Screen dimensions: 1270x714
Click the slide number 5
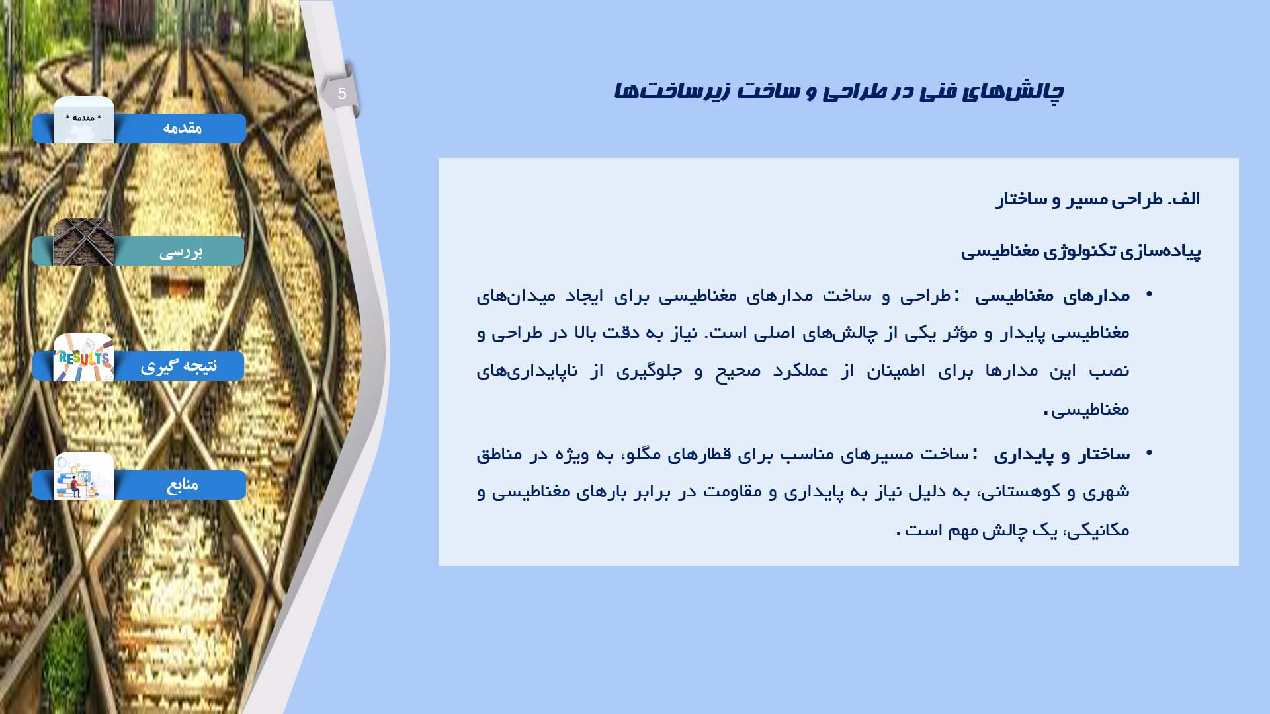[x=341, y=94]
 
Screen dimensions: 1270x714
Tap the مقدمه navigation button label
[x=182, y=128]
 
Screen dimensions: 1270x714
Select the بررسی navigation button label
[x=181, y=252]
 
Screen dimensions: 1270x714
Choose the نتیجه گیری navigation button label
[x=179, y=366]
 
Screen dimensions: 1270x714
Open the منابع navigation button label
[x=182, y=485]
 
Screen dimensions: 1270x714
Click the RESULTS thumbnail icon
[x=83, y=358]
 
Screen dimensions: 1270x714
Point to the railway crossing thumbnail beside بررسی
[x=83, y=242]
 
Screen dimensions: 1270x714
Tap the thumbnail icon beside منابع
[x=83, y=475]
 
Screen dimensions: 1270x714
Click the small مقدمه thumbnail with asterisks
[x=83, y=120]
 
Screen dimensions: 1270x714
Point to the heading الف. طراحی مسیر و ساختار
[x=1097, y=199]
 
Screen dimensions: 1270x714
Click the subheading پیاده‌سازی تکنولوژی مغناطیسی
[x=1081, y=251]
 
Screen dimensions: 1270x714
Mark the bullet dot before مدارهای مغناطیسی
[x=1149, y=294]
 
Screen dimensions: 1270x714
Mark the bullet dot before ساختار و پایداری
[x=1149, y=453]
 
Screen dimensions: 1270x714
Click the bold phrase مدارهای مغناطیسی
[x=1052, y=296]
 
